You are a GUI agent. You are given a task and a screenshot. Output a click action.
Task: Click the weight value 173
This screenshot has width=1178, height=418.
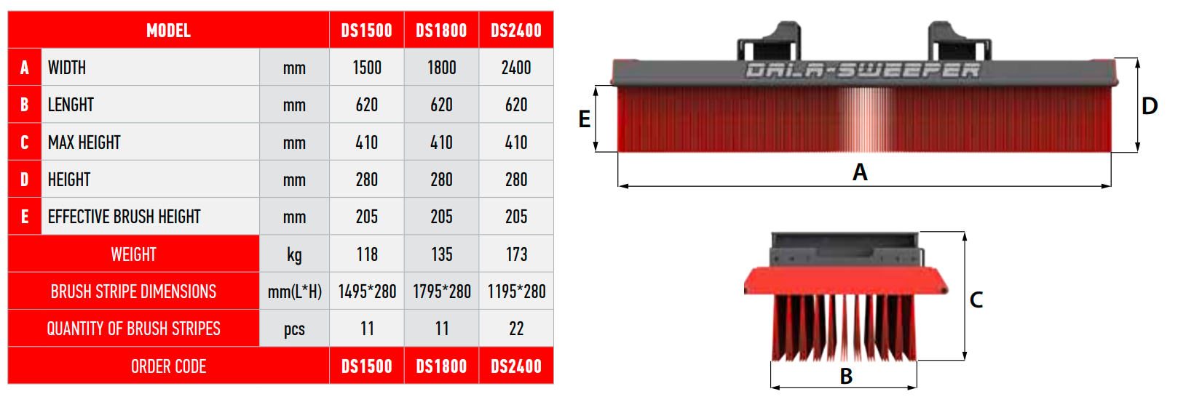pyautogui.click(x=516, y=254)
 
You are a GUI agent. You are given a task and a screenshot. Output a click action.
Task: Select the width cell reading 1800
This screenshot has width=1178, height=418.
pyautogui.click(x=442, y=68)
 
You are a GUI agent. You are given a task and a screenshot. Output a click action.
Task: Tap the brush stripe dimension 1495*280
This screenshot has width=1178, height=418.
pyautogui.click(x=367, y=292)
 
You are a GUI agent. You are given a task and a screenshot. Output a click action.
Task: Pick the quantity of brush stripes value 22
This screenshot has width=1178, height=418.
pyautogui.click(x=516, y=329)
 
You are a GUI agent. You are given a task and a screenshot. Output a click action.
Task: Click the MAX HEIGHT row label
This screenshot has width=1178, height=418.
pyautogui.click(x=84, y=142)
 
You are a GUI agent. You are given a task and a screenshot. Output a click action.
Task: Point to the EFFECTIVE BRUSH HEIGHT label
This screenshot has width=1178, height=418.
pyautogui.click(x=124, y=217)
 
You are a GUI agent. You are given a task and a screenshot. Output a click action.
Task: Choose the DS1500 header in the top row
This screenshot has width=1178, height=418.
pyautogui.click(x=366, y=31)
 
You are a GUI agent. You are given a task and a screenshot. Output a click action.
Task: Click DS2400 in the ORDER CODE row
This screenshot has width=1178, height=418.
pyautogui.click(x=516, y=366)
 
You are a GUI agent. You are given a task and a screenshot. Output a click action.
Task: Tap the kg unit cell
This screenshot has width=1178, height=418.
pyautogui.click(x=294, y=255)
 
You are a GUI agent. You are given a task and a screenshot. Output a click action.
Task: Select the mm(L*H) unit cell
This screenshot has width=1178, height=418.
pyautogui.click(x=294, y=292)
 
